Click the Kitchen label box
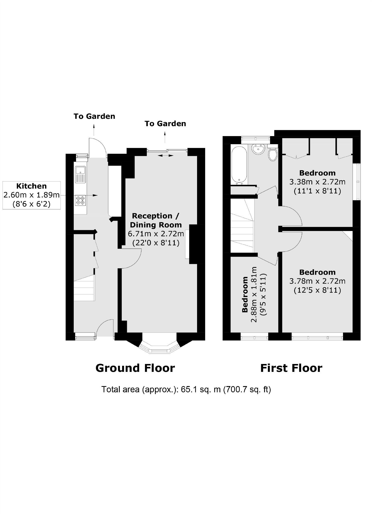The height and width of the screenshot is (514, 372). pyautogui.click(x=32, y=195)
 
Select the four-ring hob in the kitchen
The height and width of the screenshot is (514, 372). pyautogui.click(x=80, y=200)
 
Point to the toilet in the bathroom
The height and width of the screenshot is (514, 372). pyautogui.click(x=273, y=154)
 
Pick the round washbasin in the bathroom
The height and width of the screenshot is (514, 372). pyautogui.click(x=258, y=149)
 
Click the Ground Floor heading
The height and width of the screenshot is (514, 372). pyautogui.click(x=135, y=368)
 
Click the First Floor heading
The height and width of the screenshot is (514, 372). pyautogui.click(x=291, y=368)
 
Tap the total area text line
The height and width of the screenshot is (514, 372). pyautogui.click(x=186, y=389)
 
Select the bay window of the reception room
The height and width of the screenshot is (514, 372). pyautogui.click(x=159, y=348)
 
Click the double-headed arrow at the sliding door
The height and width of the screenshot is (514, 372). pyautogui.click(x=166, y=155)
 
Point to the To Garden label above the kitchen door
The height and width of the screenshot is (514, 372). pyautogui.click(x=94, y=116)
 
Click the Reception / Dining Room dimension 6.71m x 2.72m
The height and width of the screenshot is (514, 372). pyautogui.click(x=156, y=234)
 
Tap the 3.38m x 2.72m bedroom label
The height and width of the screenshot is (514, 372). pyautogui.click(x=317, y=182)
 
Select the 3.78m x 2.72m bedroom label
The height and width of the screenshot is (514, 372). pyautogui.click(x=317, y=281)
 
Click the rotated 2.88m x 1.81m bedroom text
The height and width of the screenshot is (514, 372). pyautogui.click(x=254, y=294)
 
